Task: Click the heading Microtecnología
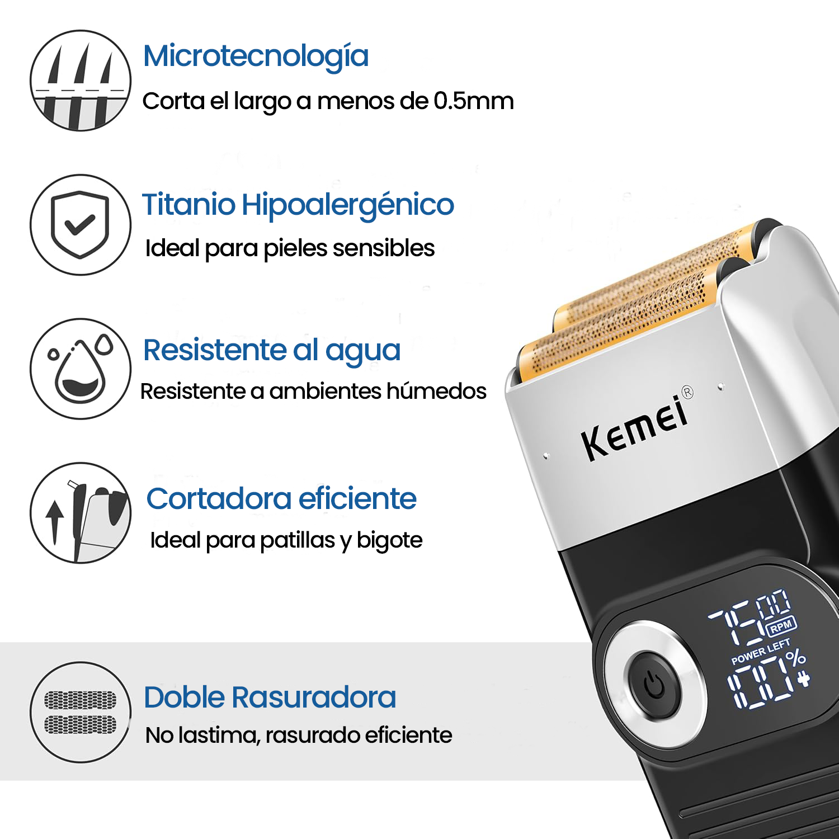pos(256,57)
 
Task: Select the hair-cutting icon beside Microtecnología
pos(81,81)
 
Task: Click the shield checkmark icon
pos(81,224)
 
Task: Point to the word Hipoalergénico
pos(348,205)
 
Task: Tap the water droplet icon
pos(81,369)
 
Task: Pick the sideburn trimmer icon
pos(81,512)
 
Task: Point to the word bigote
pos(390,541)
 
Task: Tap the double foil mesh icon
pos(81,712)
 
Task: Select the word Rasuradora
pos(314,697)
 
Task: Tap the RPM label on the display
pos(781,626)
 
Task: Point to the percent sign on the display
pos(795,658)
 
